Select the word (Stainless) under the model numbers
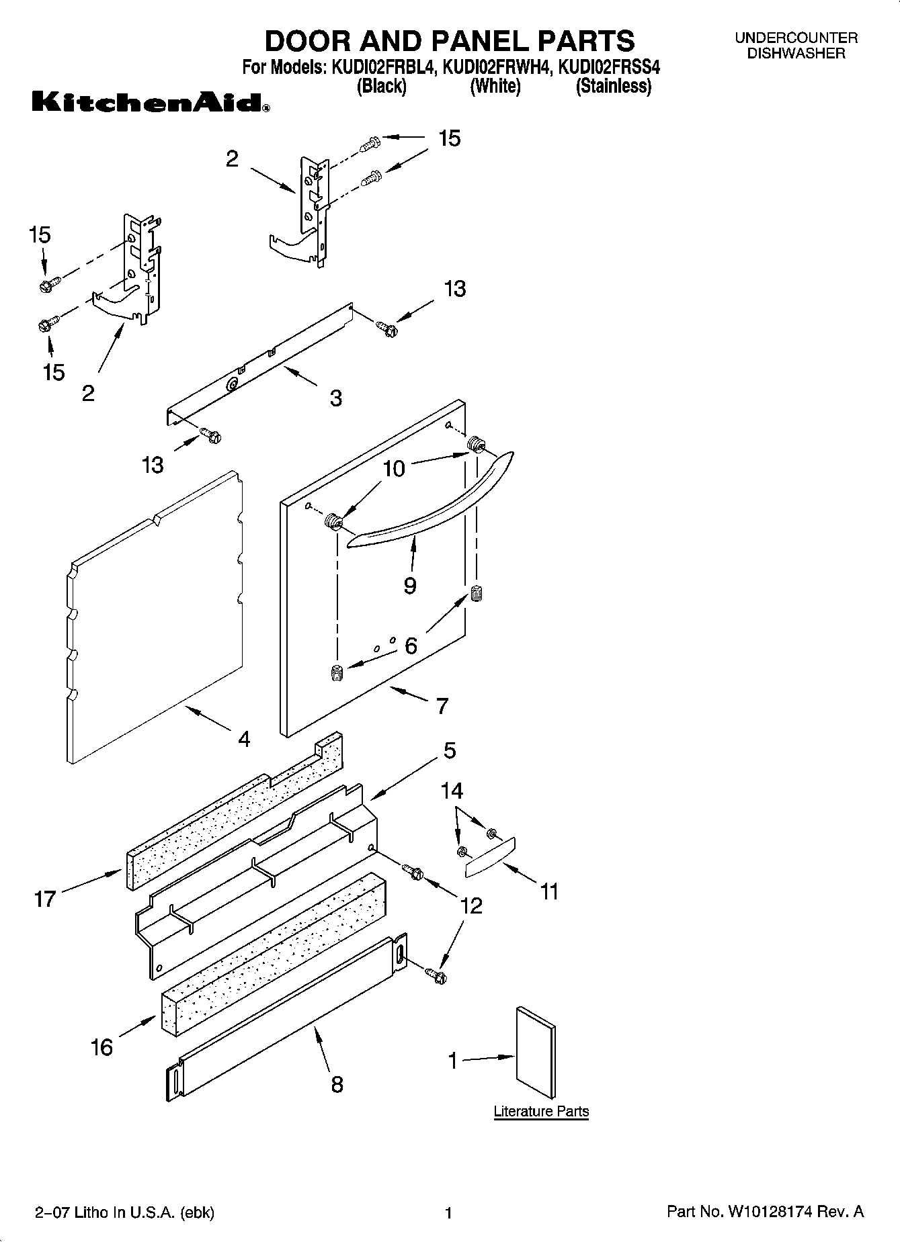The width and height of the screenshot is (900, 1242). coord(613,86)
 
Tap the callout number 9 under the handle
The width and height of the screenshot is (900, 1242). coord(410,585)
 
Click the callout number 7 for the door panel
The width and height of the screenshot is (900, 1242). coord(442,706)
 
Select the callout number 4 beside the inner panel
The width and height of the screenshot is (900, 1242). coord(244,740)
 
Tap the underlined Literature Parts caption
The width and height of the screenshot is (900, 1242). coord(541,1111)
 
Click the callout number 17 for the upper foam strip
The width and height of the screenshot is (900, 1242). coord(44,899)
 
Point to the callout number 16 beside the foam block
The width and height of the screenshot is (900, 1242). coord(101,1047)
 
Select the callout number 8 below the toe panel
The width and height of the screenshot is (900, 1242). coord(337,1083)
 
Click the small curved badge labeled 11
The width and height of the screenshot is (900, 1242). coord(489,858)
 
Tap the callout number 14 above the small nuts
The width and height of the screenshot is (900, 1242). coord(452,791)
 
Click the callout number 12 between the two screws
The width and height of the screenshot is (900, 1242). coord(471,906)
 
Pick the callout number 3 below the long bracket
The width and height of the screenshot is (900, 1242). coord(335,398)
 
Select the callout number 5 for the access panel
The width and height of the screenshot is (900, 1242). coord(450,750)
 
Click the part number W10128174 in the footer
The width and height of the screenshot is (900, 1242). coord(768,1212)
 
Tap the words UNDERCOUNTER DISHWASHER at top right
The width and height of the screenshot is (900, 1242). coord(796,46)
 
